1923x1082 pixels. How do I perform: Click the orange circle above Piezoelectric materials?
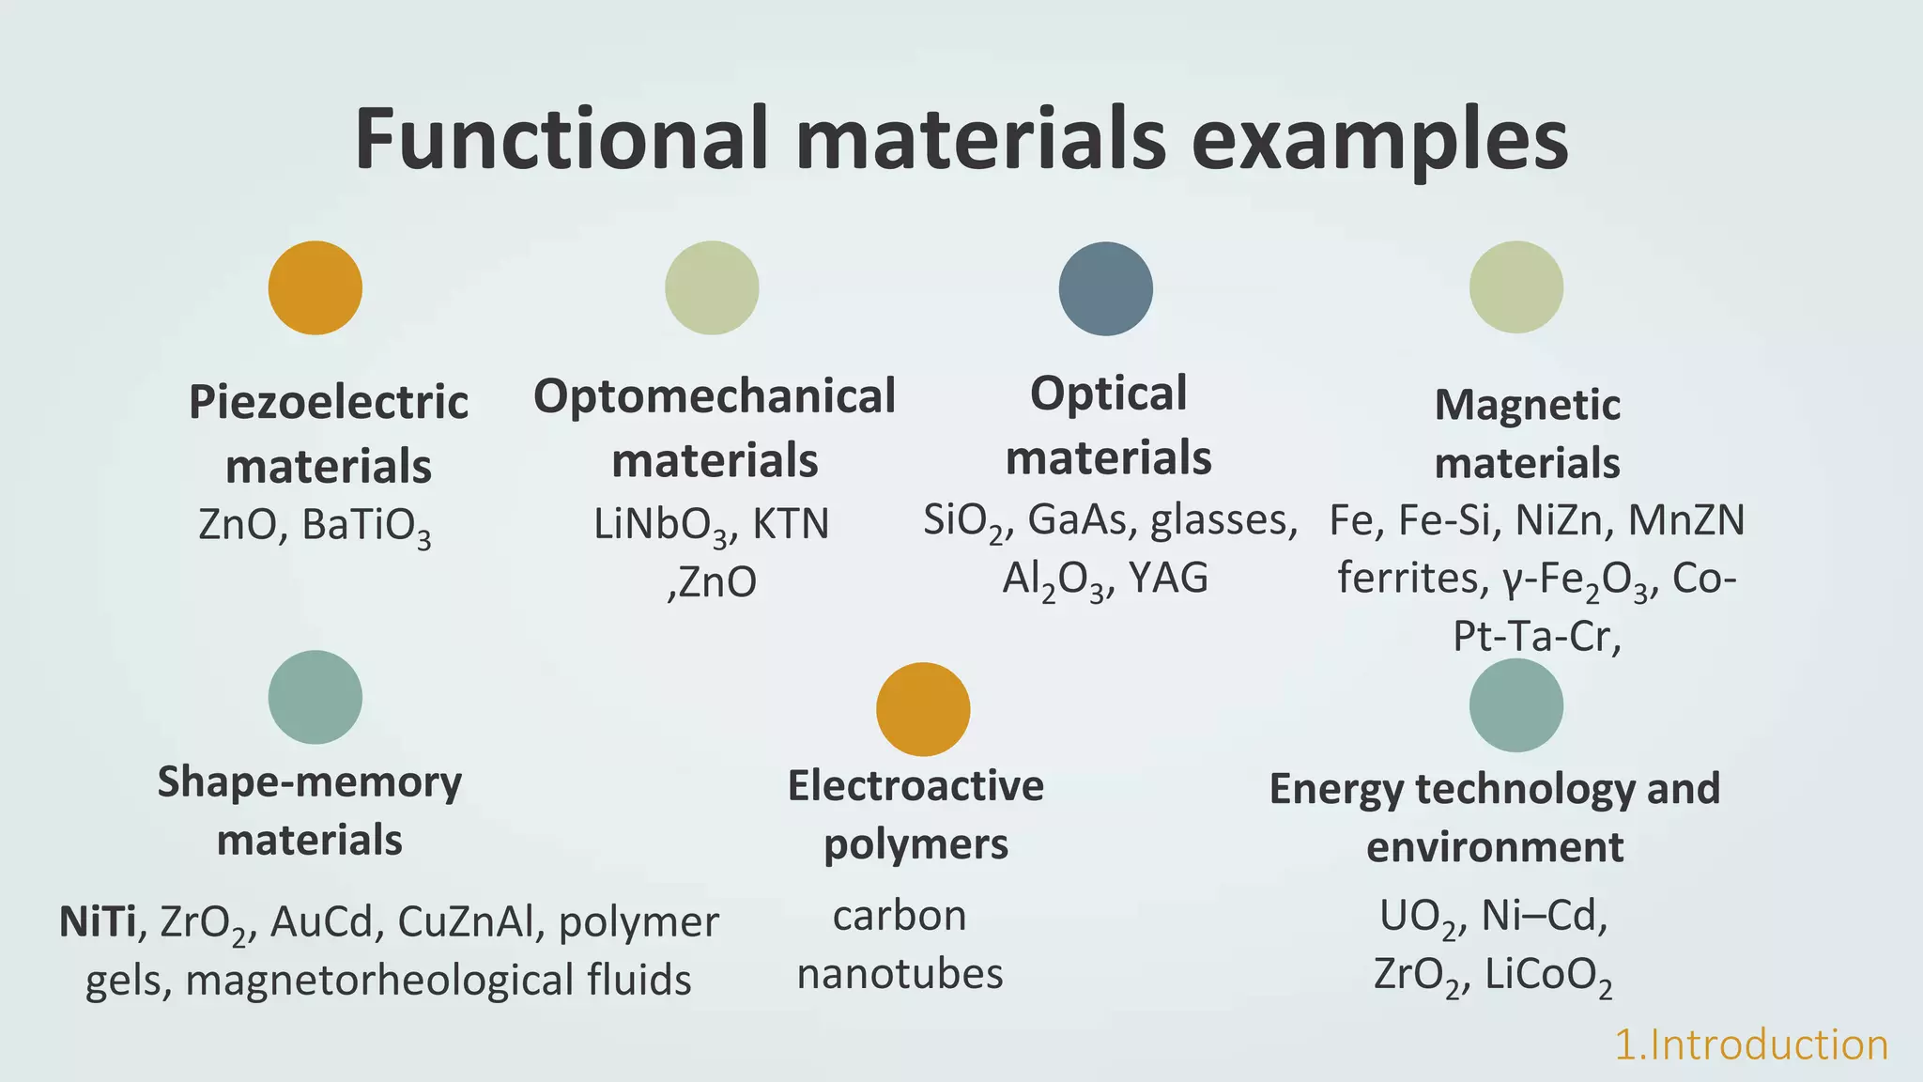(315, 287)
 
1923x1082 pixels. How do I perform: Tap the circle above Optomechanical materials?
(712, 287)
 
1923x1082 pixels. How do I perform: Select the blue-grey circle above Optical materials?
(1106, 288)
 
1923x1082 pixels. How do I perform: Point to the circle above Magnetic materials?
(1516, 287)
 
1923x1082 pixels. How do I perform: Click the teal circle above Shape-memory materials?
(315, 697)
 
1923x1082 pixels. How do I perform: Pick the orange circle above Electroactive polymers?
(923, 709)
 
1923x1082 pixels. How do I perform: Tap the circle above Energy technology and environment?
(1516, 705)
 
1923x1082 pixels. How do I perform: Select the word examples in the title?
(1379, 141)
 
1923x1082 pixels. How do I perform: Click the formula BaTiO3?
(366, 526)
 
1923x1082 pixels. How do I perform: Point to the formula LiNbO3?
(660, 525)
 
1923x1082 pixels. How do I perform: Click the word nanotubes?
(900, 974)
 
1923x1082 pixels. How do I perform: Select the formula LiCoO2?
(1548, 976)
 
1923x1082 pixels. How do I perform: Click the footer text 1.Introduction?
(1750, 1045)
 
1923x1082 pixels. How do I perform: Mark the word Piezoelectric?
(329, 403)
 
